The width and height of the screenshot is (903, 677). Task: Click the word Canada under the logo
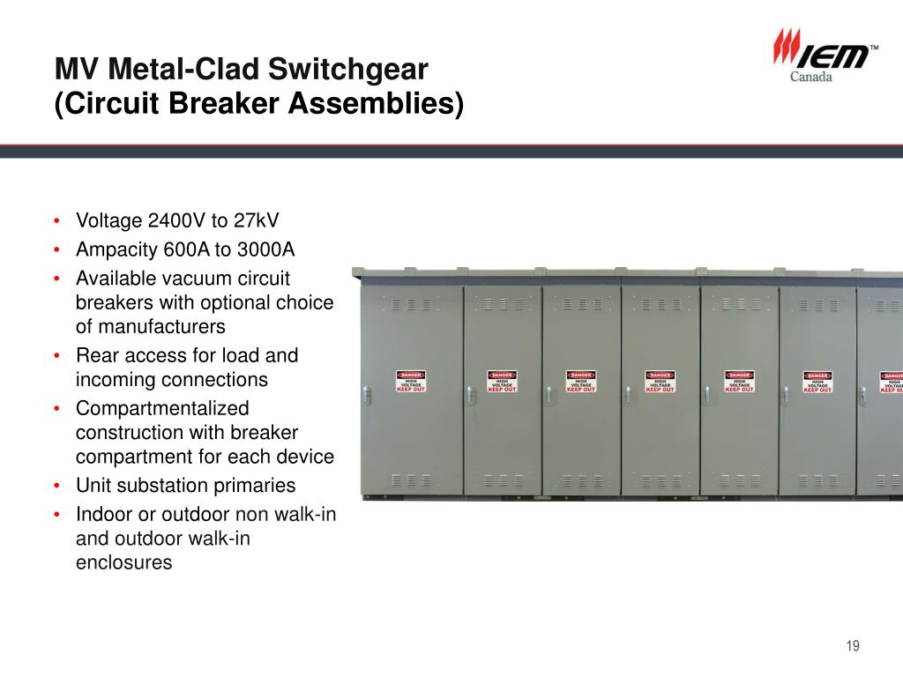click(x=810, y=77)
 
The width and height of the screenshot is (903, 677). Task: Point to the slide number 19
click(x=852, y=646)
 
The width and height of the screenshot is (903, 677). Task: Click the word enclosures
click(x=124, y=562)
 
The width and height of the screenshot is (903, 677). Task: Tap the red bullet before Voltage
click(x=56, y=220)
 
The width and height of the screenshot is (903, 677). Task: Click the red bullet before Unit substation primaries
click(x=56, y=486)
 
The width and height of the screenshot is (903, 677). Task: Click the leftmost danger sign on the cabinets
click(x=411, y=381)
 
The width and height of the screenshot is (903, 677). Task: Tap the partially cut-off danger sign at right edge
click(x=892, y=382)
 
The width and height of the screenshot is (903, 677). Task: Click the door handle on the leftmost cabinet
click(x=363, y=391)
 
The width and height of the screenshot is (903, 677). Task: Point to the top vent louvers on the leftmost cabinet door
click(x=411, y=304)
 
